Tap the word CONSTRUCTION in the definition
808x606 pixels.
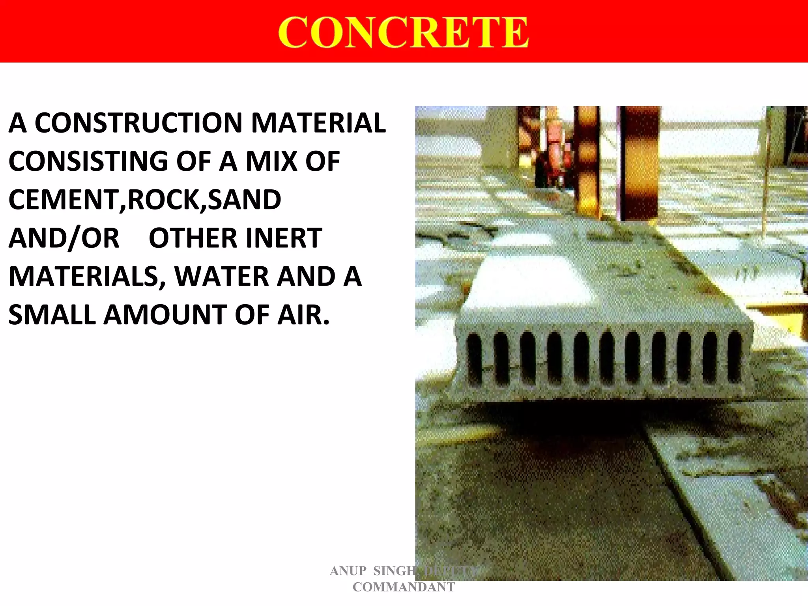[x=138, y=123]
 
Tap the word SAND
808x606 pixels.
[x=244, y=200]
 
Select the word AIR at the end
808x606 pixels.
[x=302, y=315]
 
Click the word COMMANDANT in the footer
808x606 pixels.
[x=404, y=587]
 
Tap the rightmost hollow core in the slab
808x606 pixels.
[x=734, y=357]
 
